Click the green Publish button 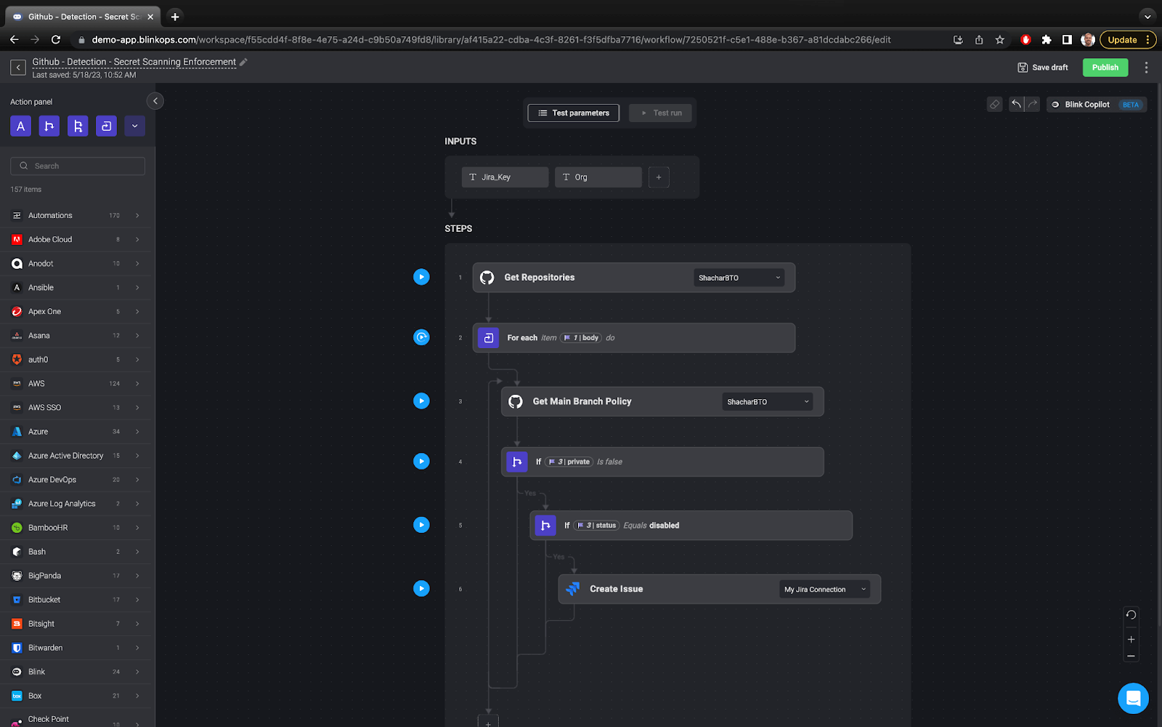click(x=1105, y=68)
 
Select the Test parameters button click(x=573, y=113)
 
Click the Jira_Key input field click(x=505, y=177)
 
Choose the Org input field click(x=598, y=177)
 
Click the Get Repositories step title click(x=539, y=278)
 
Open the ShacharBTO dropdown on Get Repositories click(x=739, y=278)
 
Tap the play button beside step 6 click(x=421, y=588)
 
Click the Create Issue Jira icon click(x=573, y=589)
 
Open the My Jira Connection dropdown click(x=825, y=590)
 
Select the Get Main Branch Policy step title click(x=582, y=401)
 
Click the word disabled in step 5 click(x=665, y=526)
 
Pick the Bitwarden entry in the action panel click(x=45, y=648)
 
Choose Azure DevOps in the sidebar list click(x=52, y=480)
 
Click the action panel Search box click(x=78, y=166)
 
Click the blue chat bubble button click(x=1132, y=699)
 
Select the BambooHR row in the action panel click(x=48, y=528)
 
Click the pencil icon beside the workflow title click(x=244, y=62)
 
